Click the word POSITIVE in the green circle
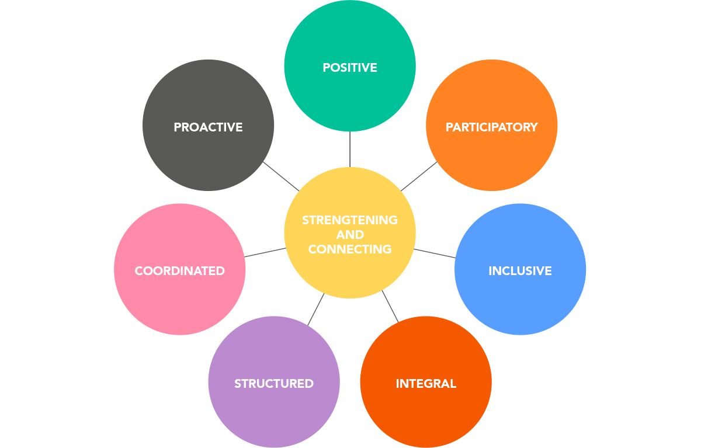tap(350, 68)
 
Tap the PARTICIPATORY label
tap(491, 127)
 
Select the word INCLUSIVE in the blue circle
tap(520, 271)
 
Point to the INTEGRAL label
tap(426, 384)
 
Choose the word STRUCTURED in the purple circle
tap(274, 384)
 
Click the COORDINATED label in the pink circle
tap(179, 271)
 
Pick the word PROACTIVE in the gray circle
tap(208, 127)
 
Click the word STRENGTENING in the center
tap(350, 220)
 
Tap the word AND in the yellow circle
tap(350, 235)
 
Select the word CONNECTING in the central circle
tap(350, 249)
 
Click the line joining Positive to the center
tap(350, 150)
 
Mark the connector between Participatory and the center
tap(419, 176)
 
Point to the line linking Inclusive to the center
tap(435, 253)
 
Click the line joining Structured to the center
tap(316, 309)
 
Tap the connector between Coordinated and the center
tap(265, 252)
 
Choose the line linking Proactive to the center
tap(281, 176)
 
